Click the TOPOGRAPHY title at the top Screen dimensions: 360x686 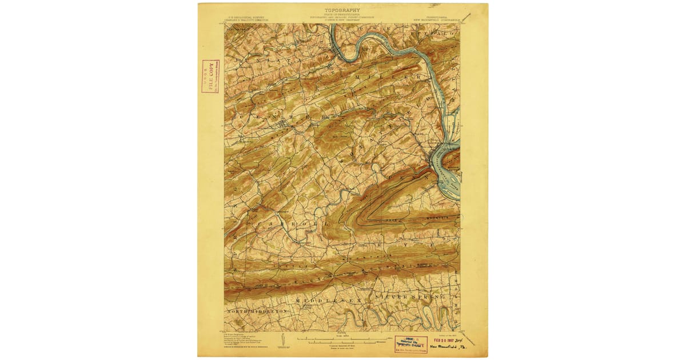pos(342,10)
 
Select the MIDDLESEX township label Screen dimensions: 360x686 pos(329,298)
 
